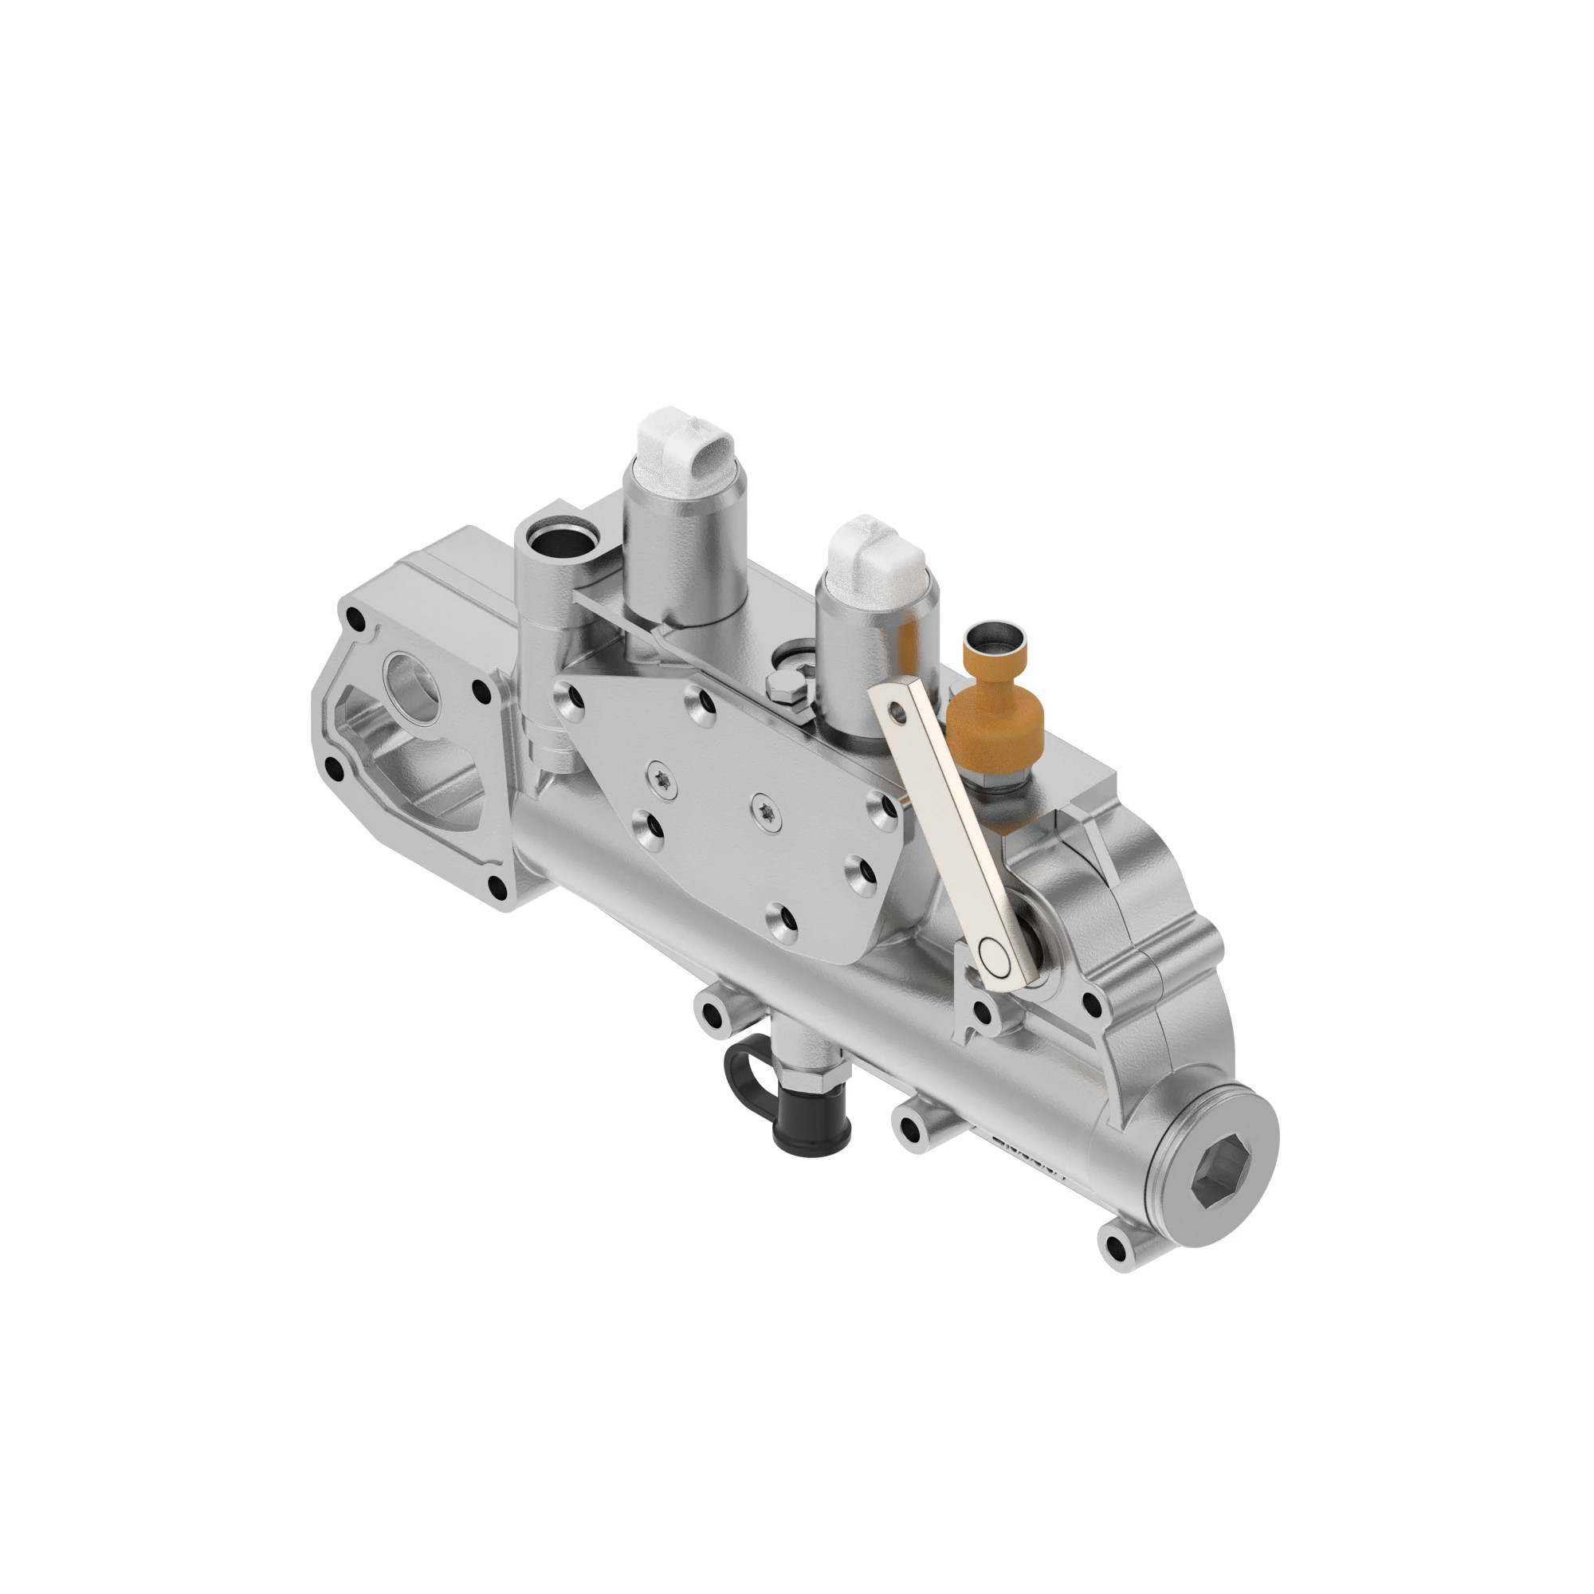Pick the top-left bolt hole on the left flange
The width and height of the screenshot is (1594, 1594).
click(355, 618)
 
